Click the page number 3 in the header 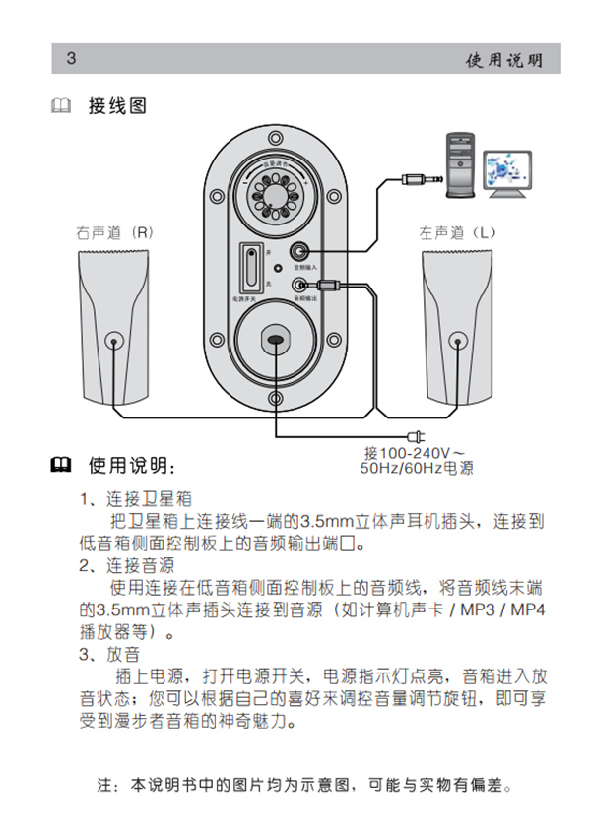coord(71,58)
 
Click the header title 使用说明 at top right coord(504,60)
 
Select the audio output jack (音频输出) coord(300,286)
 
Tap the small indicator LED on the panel coord(278,268)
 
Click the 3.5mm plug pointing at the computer coord(415,179)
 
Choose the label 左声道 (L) coord(458,233)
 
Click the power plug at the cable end coord(413,435)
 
